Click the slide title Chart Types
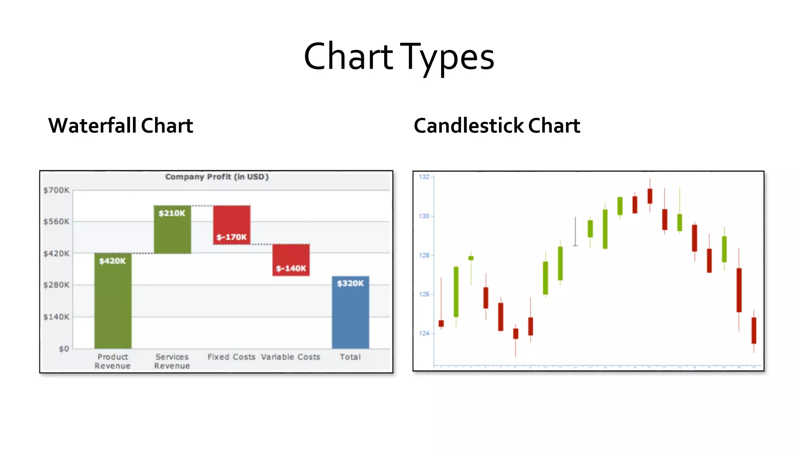pos(399,57)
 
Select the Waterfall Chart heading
pos(120,126)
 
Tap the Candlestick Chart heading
pos(497,126)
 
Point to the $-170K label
pos(231,237)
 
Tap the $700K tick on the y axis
pos(56,190)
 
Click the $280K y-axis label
pos(56,285)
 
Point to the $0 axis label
pos(64,349)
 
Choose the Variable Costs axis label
pos(291,357)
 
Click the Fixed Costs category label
pos(231,357)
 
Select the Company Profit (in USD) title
pos(217,177)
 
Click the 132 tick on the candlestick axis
pos(424,177)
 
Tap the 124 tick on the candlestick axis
pos(424,333)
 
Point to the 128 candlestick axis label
pos(424,255)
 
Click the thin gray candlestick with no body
pos(575,232)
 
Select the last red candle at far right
pos(754,331)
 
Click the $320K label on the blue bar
pos(350,283)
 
